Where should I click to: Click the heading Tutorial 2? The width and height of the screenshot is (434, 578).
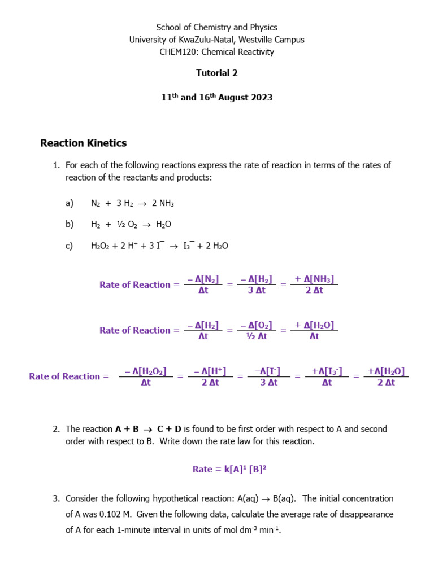pyautogui.click(x=217, y=73)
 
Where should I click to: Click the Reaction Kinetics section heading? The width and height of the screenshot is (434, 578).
pyautogui.click(x=83, y=143)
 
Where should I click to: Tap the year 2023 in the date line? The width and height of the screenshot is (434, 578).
pyautogui.click(x=261, y=98)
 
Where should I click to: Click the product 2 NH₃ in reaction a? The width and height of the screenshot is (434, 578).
pyautogui.click(x=163, y=203)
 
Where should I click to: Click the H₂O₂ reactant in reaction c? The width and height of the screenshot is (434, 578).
pyautogui.click(x=101, y=246)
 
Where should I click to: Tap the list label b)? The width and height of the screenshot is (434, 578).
pyautogui.click(x=70, y=225)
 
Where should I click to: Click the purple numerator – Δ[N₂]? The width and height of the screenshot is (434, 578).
pyautogui.click(x=203, y=279)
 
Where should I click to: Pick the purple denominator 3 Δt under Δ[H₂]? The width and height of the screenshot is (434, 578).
pyautogui.click(x=256, y=291)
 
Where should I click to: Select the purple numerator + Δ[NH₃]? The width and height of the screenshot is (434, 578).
pyautogui.click(x=314, y=279)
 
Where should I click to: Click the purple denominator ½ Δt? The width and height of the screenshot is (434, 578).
pyautogui.click(x=256, y=336)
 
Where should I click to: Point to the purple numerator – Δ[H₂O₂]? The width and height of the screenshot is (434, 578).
pyautogui.click(x=145, y=371)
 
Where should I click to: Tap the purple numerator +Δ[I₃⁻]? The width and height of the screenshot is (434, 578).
pyautogui.click(x=327, y=371)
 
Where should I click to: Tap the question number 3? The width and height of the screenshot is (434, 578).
pyautogui.click(x=56, y=499)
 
